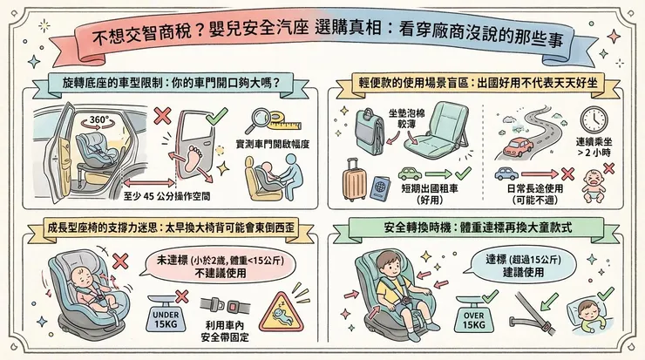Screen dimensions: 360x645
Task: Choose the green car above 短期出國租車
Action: (410, 173)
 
